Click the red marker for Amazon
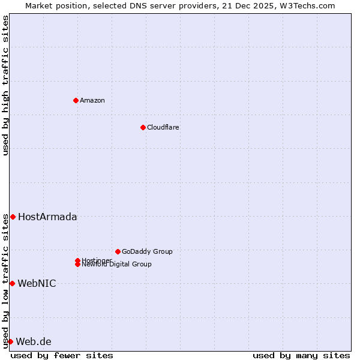[76, 100]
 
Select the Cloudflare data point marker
[143, 127]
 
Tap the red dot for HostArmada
[13, 217]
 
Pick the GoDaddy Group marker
[118, 251]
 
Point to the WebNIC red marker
[12, 283]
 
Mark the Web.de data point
[10, 341]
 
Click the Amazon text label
[92, 100]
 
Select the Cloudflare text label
[163, 127]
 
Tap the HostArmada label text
[47, 217]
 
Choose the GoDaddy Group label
[147, 251]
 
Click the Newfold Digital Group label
[116, 264]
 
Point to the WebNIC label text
[37, 283]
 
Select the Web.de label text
[34, 341]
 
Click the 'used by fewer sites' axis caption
[62, 355]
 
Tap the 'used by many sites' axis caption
[301, 355]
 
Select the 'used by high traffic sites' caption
[5, 85]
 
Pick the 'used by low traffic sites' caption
[5, 281]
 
